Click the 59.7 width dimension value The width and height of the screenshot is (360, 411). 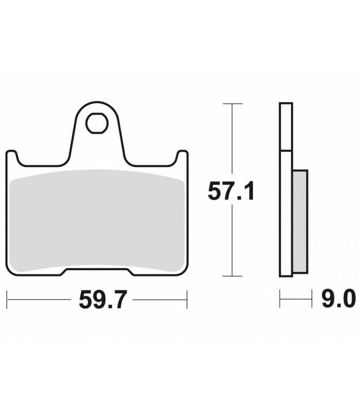(x=103, y=300)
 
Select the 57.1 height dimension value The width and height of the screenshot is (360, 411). (x=231, y=192)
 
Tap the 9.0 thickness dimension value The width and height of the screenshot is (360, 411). (x=339, y=299)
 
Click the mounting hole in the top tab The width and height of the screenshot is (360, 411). (x=97, y=123)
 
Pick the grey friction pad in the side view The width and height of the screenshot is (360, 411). (x=300, y=222)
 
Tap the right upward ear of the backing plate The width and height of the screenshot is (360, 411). (x=183, y=157)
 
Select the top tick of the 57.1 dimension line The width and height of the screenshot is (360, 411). (x=232, y=104)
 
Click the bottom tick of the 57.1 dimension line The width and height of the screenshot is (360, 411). (x=232, y=276)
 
